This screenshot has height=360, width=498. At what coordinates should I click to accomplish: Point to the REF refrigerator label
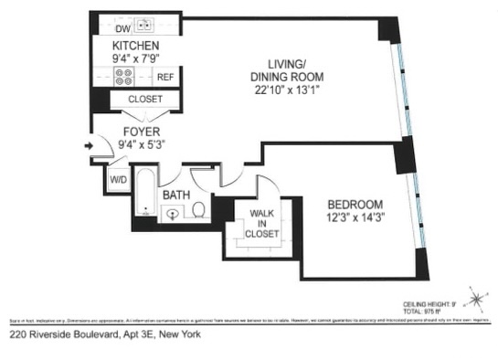click(x=165, y=78)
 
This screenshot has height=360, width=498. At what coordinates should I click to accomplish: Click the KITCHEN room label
click(x=136, y=46)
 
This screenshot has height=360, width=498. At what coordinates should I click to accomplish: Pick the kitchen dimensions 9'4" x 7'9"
click(x=136, y=58)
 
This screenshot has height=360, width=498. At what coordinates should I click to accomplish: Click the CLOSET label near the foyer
click(x=145, y=99)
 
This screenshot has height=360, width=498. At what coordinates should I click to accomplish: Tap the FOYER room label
click(x=142, y=132)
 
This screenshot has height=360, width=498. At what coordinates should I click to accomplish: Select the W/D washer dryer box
click(x=119, y=179)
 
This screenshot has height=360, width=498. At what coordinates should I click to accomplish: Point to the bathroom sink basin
click(x=173, y=215)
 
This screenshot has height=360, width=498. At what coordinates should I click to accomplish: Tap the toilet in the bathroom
click(x=197, y=212)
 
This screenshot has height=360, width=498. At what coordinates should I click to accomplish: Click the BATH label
click(x=176, y=196)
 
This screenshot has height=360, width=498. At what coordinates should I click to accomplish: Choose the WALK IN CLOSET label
click(x=261, y=223)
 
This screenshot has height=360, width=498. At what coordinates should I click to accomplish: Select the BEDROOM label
click(x=356, y=204)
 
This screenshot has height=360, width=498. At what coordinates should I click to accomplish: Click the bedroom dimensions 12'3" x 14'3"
click(x=356, y=218)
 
